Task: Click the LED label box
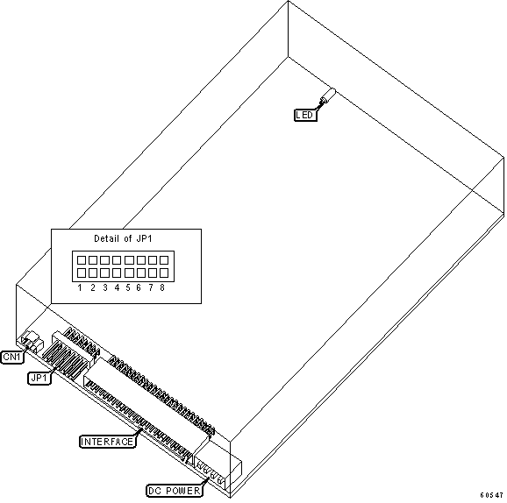pyautogui.click(x=305, y=115)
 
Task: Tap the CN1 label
pyautogui.click(x=12, y=357)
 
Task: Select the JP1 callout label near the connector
pyautogui.click(x=39, y=378)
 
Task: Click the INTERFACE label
pyautogui.click(x=107, y=442)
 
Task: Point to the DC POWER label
pyautogui.click(x=175, y=491)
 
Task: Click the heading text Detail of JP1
pyautogui.click(x=123, y=238)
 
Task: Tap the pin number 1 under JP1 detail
pyautogui.click(x=80, y=287)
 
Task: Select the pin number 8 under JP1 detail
pyautogui.click(x=162, y=287)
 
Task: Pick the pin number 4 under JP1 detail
pyautogui.click(x=117, y=287)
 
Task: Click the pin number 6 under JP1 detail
pyautogui.click(x=139, y=287)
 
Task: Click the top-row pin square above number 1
pyautogui.click(x=82, y=260)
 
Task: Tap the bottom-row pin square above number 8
pyautogui.click(x=164, y=273)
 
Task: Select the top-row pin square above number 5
pyautogui.click(x=129, y=260)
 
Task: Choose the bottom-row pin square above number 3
pyautogui.click(x=105, y=273)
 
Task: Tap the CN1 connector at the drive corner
pyautogui.click(x=32, y=341)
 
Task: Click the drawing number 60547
pyautogui.click(x=491, y=495)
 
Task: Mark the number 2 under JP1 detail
pyautogui.click(x=93, y=287)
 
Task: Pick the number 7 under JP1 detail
pyautogui.click(x=151, y=287)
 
